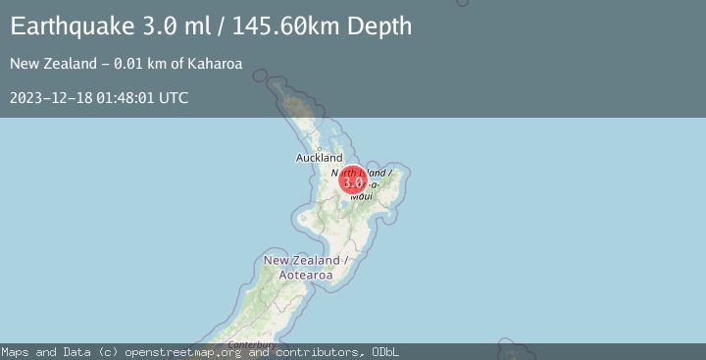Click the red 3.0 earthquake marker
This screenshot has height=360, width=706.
[353, 181]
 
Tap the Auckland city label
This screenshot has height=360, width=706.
[320, 158]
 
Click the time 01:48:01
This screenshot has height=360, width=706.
[125, 98]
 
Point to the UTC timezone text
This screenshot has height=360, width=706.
[174, 98]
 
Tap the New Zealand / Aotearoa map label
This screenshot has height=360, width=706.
[306, 268]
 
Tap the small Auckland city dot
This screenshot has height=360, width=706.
[320, 148]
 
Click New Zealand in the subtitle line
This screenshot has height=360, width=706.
[45, 65]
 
